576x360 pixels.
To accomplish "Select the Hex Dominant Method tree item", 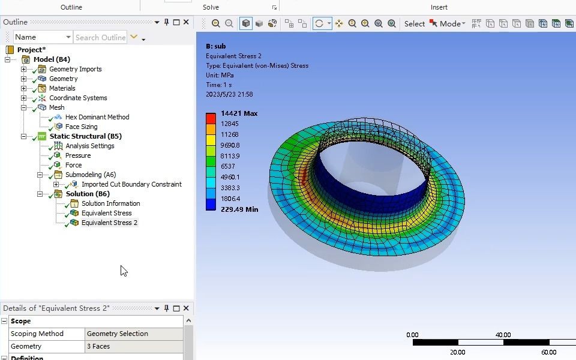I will click(x=97, y=117).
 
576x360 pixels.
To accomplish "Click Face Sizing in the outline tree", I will click(x=81, y=127).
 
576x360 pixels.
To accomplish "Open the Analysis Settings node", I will click(x=89, y=146).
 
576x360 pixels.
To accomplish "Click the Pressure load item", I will click(x=78, y=155).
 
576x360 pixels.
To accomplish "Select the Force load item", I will click(x=73, y=165).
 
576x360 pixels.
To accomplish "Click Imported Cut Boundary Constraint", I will click(x=131, y=184).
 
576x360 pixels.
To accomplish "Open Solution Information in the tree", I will click(x=110, y=203).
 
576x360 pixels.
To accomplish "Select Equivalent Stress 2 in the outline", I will click(x=109, y=223).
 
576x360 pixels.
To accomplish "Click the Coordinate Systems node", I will click(x=78, y=98).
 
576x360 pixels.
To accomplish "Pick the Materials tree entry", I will click(x=62, y=88).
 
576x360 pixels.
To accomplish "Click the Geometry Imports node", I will click(x=75, y=69).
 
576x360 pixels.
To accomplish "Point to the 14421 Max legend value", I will click(x=239, y=113).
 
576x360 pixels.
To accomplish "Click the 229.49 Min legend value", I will click(x=239, y=209).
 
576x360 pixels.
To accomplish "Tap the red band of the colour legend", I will click(x=211, y=119).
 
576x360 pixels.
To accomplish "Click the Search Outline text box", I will click(x=100, y=37).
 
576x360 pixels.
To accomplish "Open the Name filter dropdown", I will click(x=43, y=37).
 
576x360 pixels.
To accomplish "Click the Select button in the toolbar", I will click(x=414, y=24).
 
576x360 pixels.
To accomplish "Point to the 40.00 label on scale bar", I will click(x=503, y=335).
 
